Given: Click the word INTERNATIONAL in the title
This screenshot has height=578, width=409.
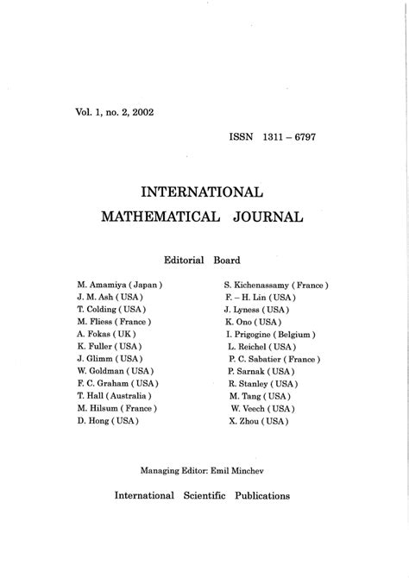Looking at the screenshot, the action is coord(204,191).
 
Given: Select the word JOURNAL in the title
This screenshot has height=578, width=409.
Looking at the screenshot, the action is coord(267,217).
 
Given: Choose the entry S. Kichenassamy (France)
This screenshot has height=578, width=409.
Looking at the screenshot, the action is coord(275,284).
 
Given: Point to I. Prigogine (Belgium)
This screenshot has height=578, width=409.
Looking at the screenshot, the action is coord(270,333).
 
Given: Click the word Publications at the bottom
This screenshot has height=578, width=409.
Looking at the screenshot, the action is coord(261,496).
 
